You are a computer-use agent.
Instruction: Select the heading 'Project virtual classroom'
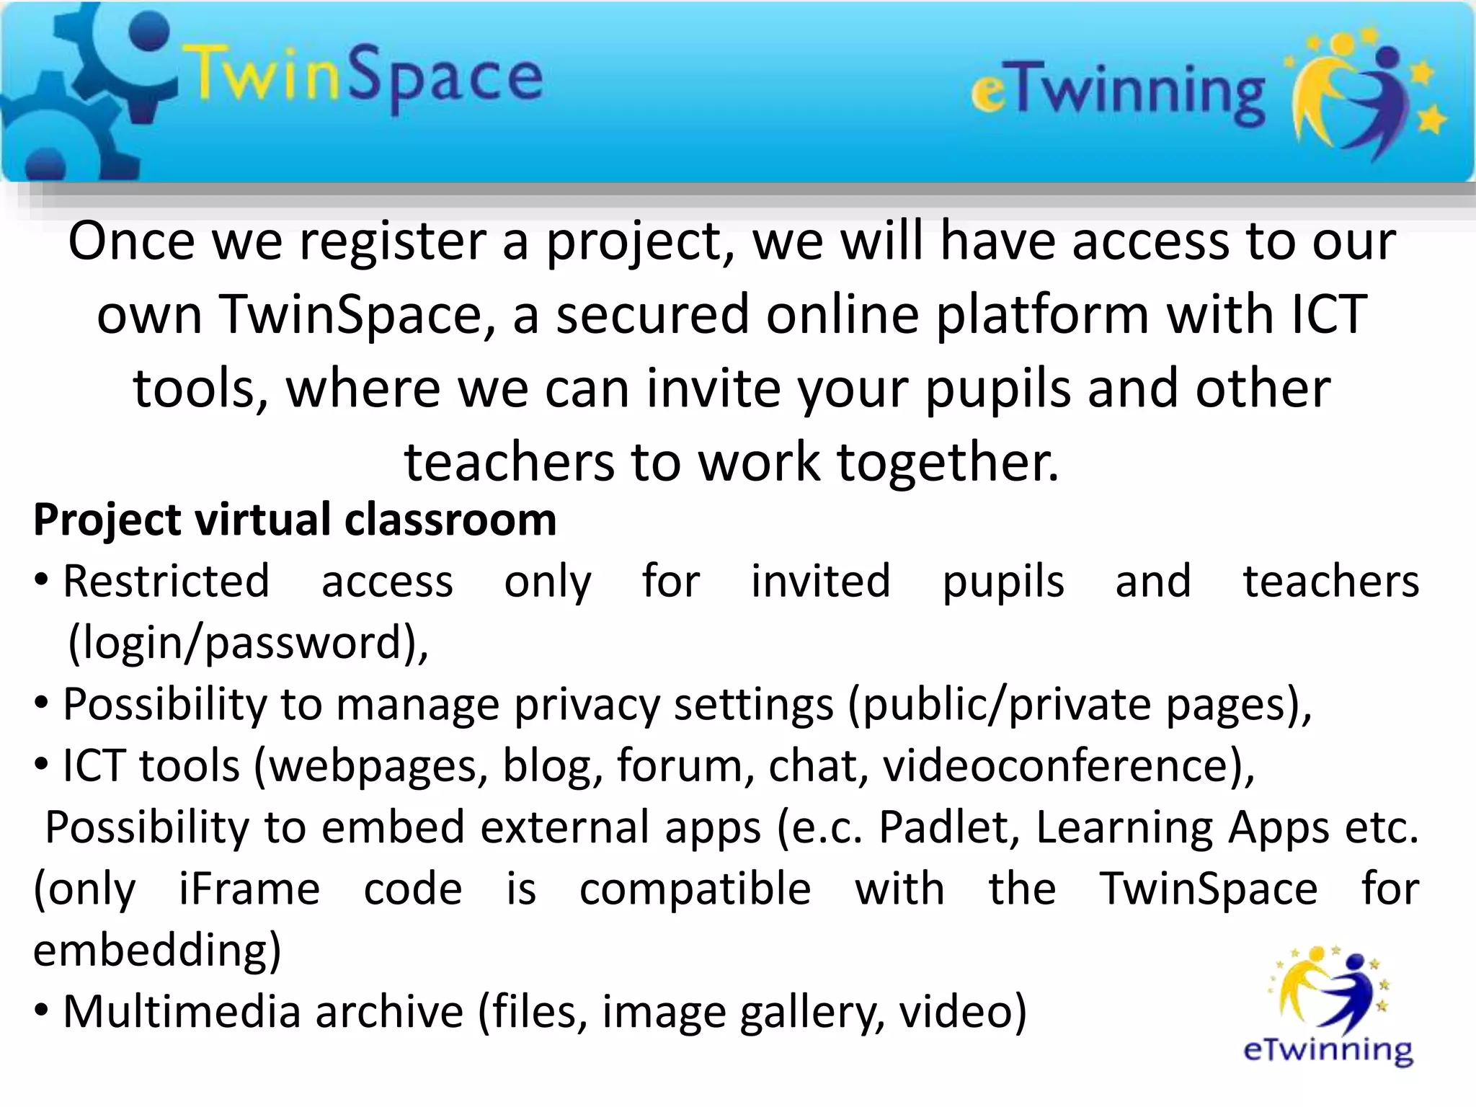pyautogui.click(x=295, y=520)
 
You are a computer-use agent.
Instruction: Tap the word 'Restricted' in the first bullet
pyautogui.click(x=166, y=582)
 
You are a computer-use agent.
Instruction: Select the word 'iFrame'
pyautogui.click(x=249, y=889)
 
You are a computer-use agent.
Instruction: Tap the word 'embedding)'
pyautogui.click(x=157, y=950)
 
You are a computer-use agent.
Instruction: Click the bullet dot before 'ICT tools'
pyautogui.click(x=42, y=765)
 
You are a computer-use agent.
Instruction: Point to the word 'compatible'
pyautogui.click(x=695, y=889)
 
